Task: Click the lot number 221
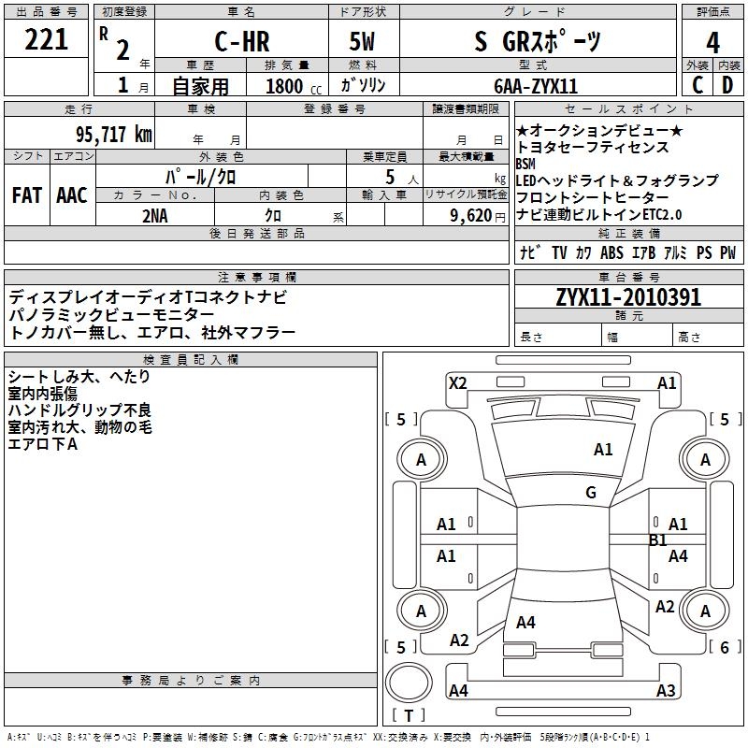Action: pos(47,40)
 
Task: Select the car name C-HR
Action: pos(241,41)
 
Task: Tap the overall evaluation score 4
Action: pos(712,42)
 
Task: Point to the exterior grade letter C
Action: pos(698,85)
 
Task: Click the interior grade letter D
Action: pos(727,85)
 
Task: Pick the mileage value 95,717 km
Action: pos(113,134)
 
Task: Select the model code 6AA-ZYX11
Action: pos(536,86)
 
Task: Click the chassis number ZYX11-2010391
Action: pos(627,297)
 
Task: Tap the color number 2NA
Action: pos(155,215)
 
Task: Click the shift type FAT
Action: pos(27,194)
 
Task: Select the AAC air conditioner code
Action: pos(72,194)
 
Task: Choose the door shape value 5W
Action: pos(363,41)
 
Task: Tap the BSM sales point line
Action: pos(526,165)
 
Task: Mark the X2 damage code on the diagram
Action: pos(457,382)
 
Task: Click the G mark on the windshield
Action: pos(590,493)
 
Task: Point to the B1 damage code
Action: pos(658,539)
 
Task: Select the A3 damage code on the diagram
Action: pos(666,691)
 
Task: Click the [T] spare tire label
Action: pos(409,716)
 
